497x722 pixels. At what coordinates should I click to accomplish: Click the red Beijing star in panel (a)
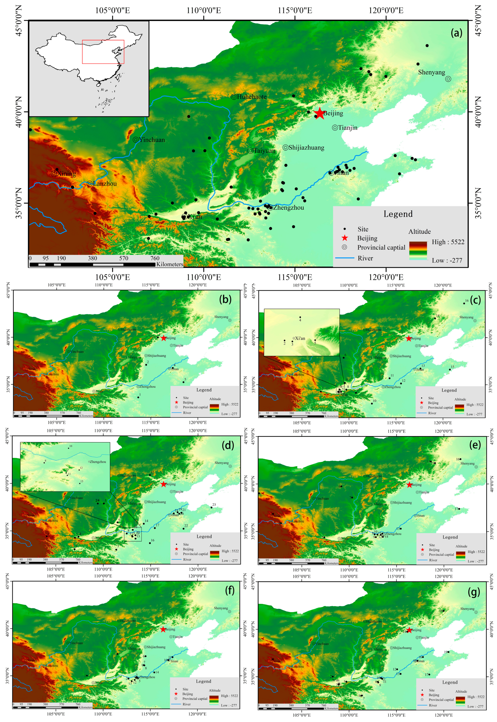click(320, 113)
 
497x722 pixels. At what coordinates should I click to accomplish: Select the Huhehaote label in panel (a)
click(252, 97)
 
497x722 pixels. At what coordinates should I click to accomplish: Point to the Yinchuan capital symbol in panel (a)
click(136, 140)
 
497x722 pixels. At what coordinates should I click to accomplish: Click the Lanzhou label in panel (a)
click(105, 184)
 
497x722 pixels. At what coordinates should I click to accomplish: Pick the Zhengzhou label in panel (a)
click(288, 208)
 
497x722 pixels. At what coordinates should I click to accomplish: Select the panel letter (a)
click(456, 33)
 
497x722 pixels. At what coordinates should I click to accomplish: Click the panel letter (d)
click(228, 445)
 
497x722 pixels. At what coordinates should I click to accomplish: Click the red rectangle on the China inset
click(103, 41)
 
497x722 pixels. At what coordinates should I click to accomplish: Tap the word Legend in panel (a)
click(398, 214)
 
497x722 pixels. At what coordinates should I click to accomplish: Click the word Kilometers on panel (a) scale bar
click(170, 264)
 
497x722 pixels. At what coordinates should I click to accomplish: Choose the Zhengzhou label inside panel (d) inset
click(98, 462)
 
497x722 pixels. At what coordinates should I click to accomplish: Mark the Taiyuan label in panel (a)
click(264, 151)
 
